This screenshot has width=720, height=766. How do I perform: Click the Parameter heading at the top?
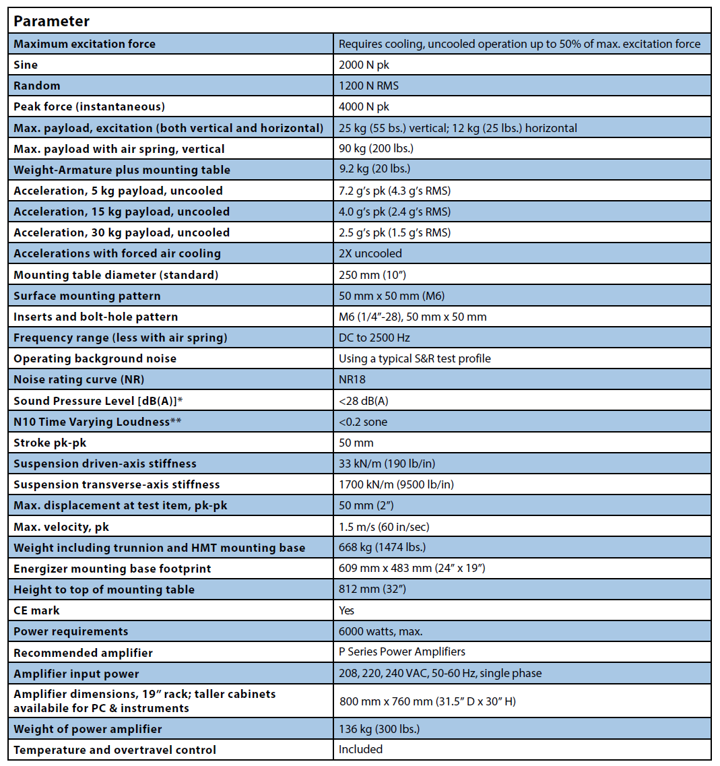[52, 21]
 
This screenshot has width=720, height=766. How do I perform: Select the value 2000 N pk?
[364, 65]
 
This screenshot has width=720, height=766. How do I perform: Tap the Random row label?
[37, 86]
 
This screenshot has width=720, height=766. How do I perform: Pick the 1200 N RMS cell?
[368, 86]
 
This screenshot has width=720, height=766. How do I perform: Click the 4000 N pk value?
[364, 106]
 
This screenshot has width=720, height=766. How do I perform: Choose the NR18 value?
[353, 379]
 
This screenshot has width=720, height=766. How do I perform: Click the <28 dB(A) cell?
[364, 401]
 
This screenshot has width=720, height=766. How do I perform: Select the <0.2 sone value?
[363, 422]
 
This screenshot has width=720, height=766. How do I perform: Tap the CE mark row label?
[36, 610]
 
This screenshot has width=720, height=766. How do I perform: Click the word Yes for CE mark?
[347, 610]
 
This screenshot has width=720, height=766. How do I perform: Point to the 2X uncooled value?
[370, 253]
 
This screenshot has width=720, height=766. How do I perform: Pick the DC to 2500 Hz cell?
[374, 338]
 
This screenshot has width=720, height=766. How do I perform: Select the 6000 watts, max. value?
[381, 631]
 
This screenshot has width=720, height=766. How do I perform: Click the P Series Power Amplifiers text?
[402, 651]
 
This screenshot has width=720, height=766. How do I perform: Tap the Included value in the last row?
[360, 749]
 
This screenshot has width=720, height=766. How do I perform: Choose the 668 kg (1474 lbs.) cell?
[382, 547]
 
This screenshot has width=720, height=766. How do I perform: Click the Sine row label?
[26, 65]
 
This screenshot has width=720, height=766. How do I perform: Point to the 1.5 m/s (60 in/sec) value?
[384, 526]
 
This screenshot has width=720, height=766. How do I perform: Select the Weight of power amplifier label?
[88, 729]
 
